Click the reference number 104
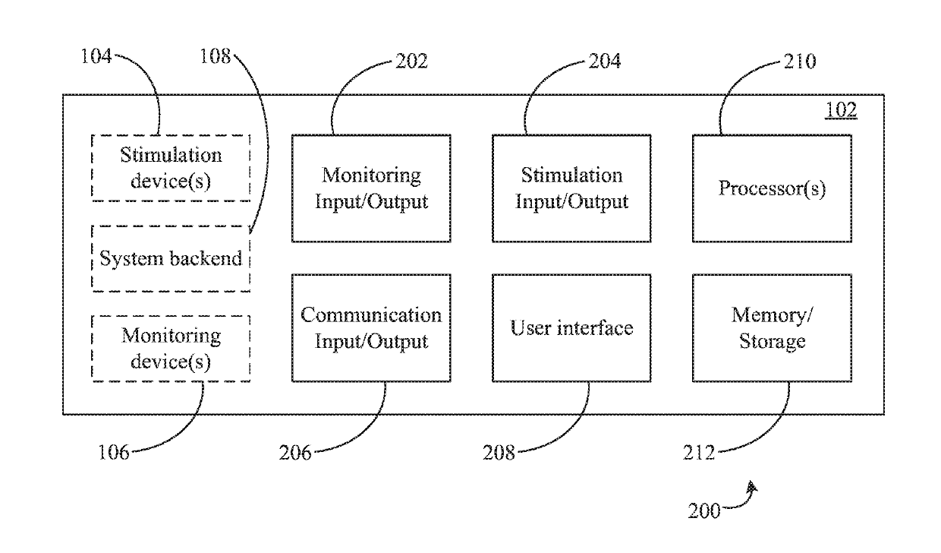coord(96,56)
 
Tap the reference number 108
coord(215,56)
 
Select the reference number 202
coord(411,62)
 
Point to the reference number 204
coord(605,62)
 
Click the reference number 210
coord(800,62)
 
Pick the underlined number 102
coord(841,110)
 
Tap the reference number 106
coord(113,453)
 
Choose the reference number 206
coord(295,453)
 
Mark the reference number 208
coord(499,453)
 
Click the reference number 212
coord(699,453)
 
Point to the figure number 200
coord(704,511)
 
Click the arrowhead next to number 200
coord(752,487)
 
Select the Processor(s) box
coord(772,188)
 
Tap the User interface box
coord(571,328)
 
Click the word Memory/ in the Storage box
coord(772,315)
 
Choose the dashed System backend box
coord(171,258)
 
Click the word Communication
coord(371,315)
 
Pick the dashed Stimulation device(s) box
coord(171,168)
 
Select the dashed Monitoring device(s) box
coord(171,349)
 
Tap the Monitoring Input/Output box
coord(371,188)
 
